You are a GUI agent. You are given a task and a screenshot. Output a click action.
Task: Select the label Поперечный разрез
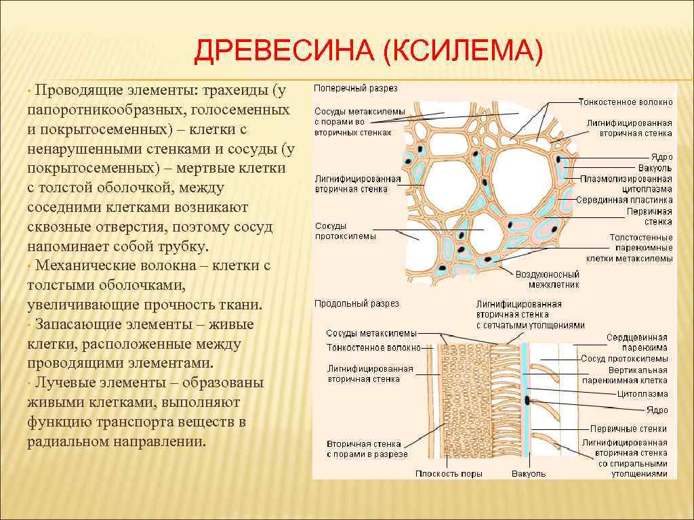(x=356, y=88)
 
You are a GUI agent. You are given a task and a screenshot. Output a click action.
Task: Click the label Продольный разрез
(x=356, y=304)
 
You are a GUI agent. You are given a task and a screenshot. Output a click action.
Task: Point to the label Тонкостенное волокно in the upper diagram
(x=626, y=102)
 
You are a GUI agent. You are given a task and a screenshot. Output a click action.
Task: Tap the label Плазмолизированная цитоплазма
(x=626, y=184)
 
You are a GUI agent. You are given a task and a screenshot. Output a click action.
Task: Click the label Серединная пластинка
(x=624, y=200)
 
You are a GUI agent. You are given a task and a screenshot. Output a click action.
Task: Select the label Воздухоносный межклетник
(x=547, y=280)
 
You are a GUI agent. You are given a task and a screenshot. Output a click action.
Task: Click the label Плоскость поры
(x=449, y=473)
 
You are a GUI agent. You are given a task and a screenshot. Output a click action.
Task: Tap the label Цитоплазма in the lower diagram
(x=642, y=393)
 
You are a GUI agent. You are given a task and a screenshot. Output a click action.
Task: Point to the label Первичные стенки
(x=628, y=429)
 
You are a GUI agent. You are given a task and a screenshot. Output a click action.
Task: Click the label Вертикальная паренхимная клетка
(x=628, y=375)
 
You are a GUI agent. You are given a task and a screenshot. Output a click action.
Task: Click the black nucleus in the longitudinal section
(x=527, y=399)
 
